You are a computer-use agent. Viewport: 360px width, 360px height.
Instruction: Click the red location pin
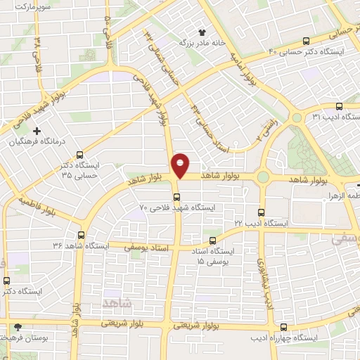point(181,165)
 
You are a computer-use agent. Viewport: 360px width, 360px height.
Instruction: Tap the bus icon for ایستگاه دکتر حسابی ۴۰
point(306,41)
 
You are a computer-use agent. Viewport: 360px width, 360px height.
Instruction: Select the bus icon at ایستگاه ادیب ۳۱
point(339,105)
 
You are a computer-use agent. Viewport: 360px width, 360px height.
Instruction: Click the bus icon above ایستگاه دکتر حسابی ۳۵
point(79,155)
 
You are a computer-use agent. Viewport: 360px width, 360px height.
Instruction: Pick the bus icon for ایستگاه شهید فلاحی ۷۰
point(176,198)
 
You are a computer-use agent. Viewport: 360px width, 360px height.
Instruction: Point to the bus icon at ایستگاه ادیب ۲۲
point(262,212)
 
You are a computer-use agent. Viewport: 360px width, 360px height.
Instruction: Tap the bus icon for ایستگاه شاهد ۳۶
point(82,236)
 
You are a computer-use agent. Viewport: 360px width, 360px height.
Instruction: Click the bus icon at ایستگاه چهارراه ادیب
point(283,327)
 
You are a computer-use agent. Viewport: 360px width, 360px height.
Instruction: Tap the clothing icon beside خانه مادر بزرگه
point(203,32)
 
